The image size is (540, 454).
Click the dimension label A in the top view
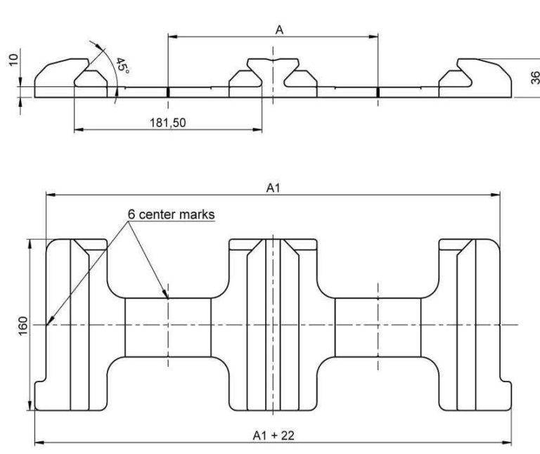coord(280,30)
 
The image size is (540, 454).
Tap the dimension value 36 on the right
coord(532,77)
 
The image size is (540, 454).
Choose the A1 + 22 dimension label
coord(274,436)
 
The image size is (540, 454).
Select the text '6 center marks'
coord(170,214)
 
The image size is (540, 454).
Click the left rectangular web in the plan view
coord(167,327)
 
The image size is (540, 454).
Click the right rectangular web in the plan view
coord(378,327)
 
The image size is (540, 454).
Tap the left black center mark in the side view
coord(167,91)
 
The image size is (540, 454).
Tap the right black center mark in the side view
coord(378,91)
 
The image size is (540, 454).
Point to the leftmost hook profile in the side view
coord(70,77)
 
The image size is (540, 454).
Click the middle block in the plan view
coord(273,325)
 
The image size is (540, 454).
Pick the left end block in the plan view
coord(70,325)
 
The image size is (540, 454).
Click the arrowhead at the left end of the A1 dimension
coord(48,195)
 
